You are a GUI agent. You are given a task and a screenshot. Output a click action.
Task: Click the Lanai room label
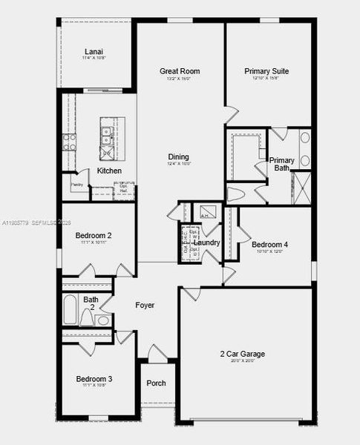[x=94, y=51]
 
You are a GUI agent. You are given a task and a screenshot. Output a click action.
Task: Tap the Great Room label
[x=180, y=71]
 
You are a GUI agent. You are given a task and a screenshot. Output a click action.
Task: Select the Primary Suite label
[x=266, y=71]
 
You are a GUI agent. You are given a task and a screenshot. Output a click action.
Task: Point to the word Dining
[x=178, y=156]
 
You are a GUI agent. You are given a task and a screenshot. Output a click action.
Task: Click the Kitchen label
[x=109, y=171]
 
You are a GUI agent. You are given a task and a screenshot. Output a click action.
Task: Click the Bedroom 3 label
[x=94, y=379]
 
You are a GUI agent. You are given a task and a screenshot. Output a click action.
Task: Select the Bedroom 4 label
[x=269, y=244]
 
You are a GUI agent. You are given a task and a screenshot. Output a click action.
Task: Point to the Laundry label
[x=206, y=243]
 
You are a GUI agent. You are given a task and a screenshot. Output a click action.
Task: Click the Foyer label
[x=145, y=305]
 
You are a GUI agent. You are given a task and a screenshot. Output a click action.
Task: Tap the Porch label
[x=156, y=383]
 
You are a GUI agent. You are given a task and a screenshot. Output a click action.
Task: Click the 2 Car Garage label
[x=241, y=354]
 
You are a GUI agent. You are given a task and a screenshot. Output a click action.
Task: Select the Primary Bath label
[x=281, y=164]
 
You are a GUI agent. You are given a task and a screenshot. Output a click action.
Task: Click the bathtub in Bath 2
[x=69, y=309]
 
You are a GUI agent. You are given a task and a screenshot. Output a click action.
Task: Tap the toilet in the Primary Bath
[x=236, y=195]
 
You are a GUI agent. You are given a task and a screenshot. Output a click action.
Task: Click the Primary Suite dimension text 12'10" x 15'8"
[x=266, y=79]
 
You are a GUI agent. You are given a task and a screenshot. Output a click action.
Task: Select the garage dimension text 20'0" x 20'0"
[x=241, y=362]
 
